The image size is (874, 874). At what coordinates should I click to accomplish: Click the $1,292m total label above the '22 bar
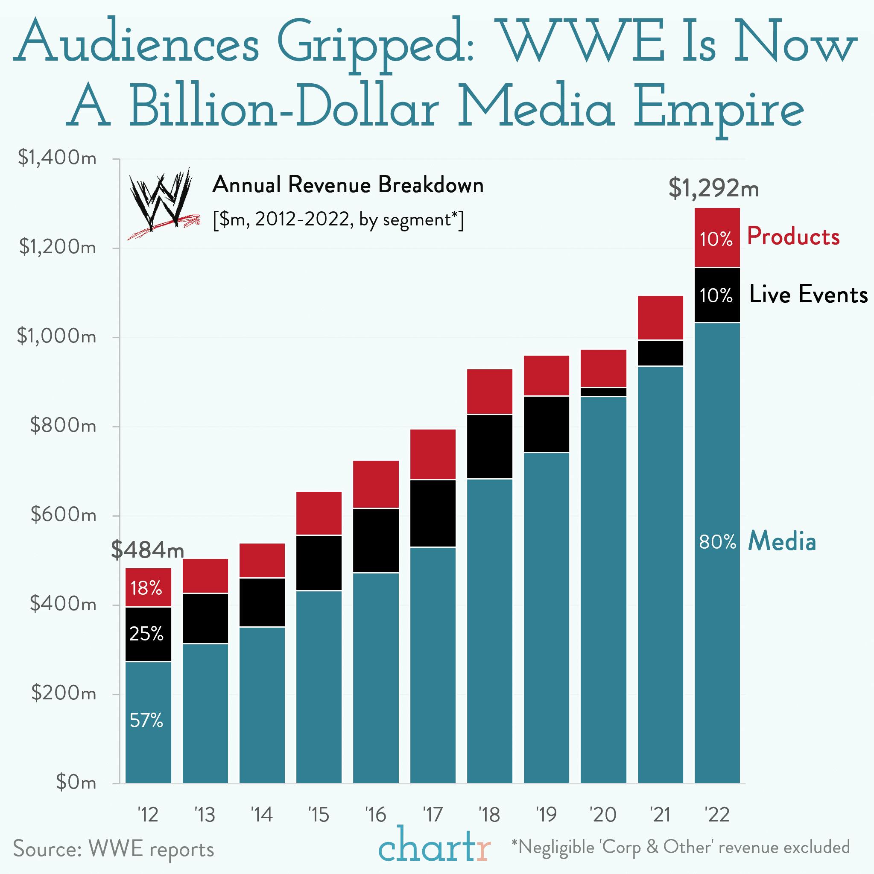(x=713, y=188)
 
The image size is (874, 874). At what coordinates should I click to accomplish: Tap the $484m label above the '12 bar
(x=147, y=550)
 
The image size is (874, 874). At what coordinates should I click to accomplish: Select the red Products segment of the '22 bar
(x=717, y=237)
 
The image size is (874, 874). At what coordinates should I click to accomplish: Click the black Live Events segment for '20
(x=603, y=392)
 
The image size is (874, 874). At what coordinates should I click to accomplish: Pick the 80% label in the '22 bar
(x=717, y=541)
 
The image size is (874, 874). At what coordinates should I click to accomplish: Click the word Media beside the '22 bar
(x=782, y=541)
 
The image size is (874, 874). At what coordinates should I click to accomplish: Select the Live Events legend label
(x=808, y=295)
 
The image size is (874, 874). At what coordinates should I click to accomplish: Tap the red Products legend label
(x=793, y=237)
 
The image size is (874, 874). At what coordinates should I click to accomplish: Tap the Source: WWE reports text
(x=114, y=848)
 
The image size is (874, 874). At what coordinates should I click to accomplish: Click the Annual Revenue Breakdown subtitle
(x=348, y=185)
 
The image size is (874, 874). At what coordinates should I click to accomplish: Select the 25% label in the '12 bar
(x=146, y=634)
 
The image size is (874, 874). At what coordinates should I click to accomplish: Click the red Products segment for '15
(x=319, y=513)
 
